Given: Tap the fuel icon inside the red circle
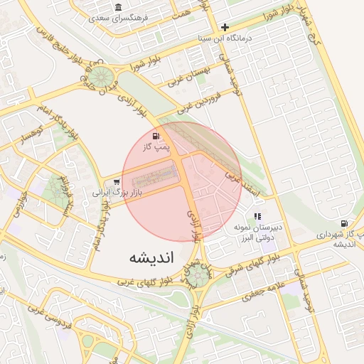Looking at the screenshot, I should [156, 135].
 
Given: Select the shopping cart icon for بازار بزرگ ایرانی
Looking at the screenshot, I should [116, 182].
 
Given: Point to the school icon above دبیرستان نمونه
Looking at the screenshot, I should [257, 215].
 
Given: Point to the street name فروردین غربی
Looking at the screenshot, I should [196, 105].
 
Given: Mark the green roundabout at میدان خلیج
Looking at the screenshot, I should [99, 77].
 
